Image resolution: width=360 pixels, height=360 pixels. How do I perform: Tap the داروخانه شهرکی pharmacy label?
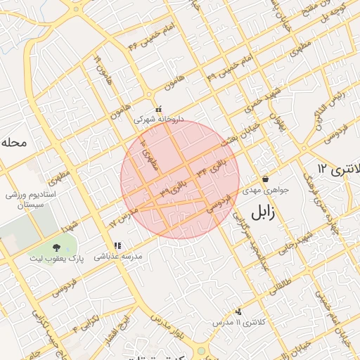point(159,120)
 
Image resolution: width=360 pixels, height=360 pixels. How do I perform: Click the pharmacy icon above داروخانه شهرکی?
point(159,109)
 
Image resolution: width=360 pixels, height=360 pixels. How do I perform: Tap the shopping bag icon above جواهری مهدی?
point(265,178)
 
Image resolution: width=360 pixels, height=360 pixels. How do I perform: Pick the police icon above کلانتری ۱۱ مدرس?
point(239,311)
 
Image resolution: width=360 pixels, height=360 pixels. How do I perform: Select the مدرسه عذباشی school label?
point(118,257)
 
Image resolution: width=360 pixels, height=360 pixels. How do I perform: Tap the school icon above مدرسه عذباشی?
point(117,245)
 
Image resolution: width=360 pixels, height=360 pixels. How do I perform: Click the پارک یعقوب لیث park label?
point(56,259)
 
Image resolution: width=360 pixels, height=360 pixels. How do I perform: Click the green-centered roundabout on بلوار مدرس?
point(202,350)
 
